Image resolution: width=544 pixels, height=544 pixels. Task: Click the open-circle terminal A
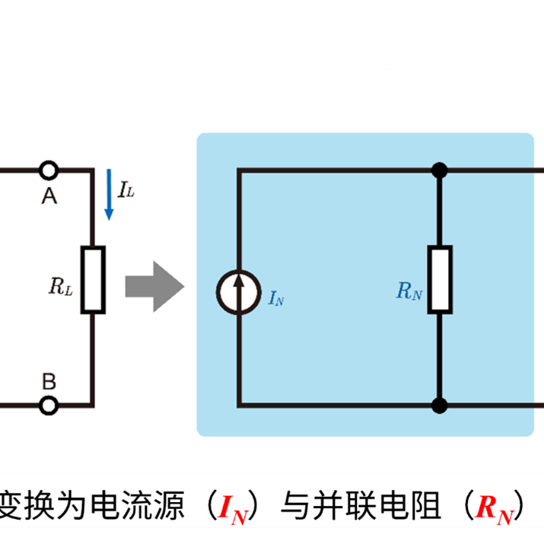[x=49, y=170]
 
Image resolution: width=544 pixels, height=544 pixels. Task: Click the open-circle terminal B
[x=49, y=406]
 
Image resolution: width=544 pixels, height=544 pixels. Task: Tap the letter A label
[x=49, y=196]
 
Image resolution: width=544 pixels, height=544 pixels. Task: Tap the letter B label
[x=49, y=380]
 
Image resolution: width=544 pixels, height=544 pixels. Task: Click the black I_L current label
[x=126, y=190]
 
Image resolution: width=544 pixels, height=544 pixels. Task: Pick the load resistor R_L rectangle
[x=93, y=279]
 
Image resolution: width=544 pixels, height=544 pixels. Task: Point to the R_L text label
[x=61, y=287]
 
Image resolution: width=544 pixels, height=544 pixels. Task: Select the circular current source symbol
[x=238, y=291]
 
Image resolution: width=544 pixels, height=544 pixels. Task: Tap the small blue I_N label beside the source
[x=276, y=298]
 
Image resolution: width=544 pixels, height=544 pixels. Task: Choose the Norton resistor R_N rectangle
[x=439, y=279]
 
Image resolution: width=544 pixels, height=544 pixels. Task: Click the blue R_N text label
[x=409, y=291]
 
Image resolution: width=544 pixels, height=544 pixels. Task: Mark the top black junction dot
[x=439, y=170]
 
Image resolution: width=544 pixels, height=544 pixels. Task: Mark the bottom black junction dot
[x=439, y=406]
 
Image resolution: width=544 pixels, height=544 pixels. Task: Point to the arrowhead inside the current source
[x=238, y=282]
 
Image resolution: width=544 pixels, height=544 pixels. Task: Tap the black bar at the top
[x=195, y=33]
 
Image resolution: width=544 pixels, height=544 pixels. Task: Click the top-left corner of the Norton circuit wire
[x=239, y=170]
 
